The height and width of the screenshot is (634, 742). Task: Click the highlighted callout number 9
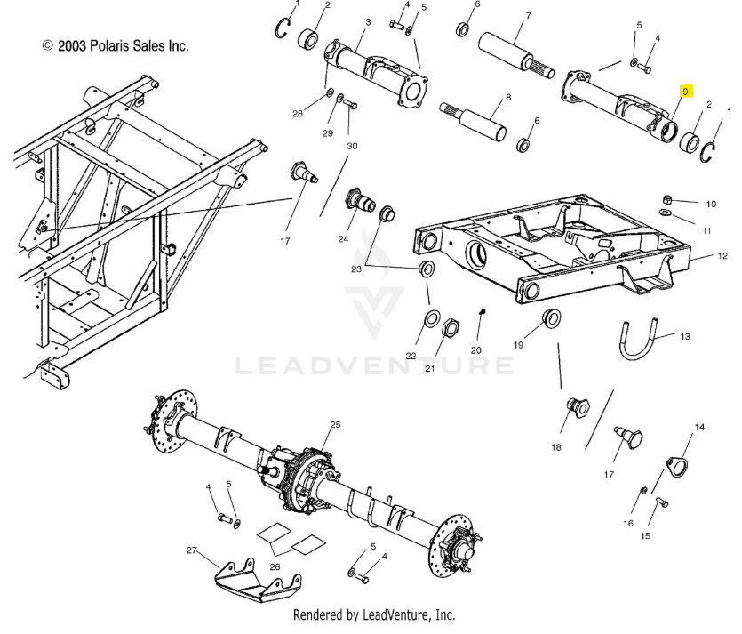686,92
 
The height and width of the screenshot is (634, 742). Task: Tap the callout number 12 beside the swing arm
722,256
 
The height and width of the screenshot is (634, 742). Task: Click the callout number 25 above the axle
335,425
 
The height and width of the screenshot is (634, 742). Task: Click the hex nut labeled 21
450,326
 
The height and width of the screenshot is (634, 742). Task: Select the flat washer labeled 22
432,319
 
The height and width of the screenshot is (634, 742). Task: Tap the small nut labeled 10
666,198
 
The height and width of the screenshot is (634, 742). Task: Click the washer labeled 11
665,212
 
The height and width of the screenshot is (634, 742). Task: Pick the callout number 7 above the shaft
528,16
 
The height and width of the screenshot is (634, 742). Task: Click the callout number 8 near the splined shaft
508,97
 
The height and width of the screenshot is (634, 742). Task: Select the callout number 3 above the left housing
368,21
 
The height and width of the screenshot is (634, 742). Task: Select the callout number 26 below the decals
275,566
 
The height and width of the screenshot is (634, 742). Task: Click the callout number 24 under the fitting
343,239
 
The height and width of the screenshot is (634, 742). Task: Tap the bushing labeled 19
551,317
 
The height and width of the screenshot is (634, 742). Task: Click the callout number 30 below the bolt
352,146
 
